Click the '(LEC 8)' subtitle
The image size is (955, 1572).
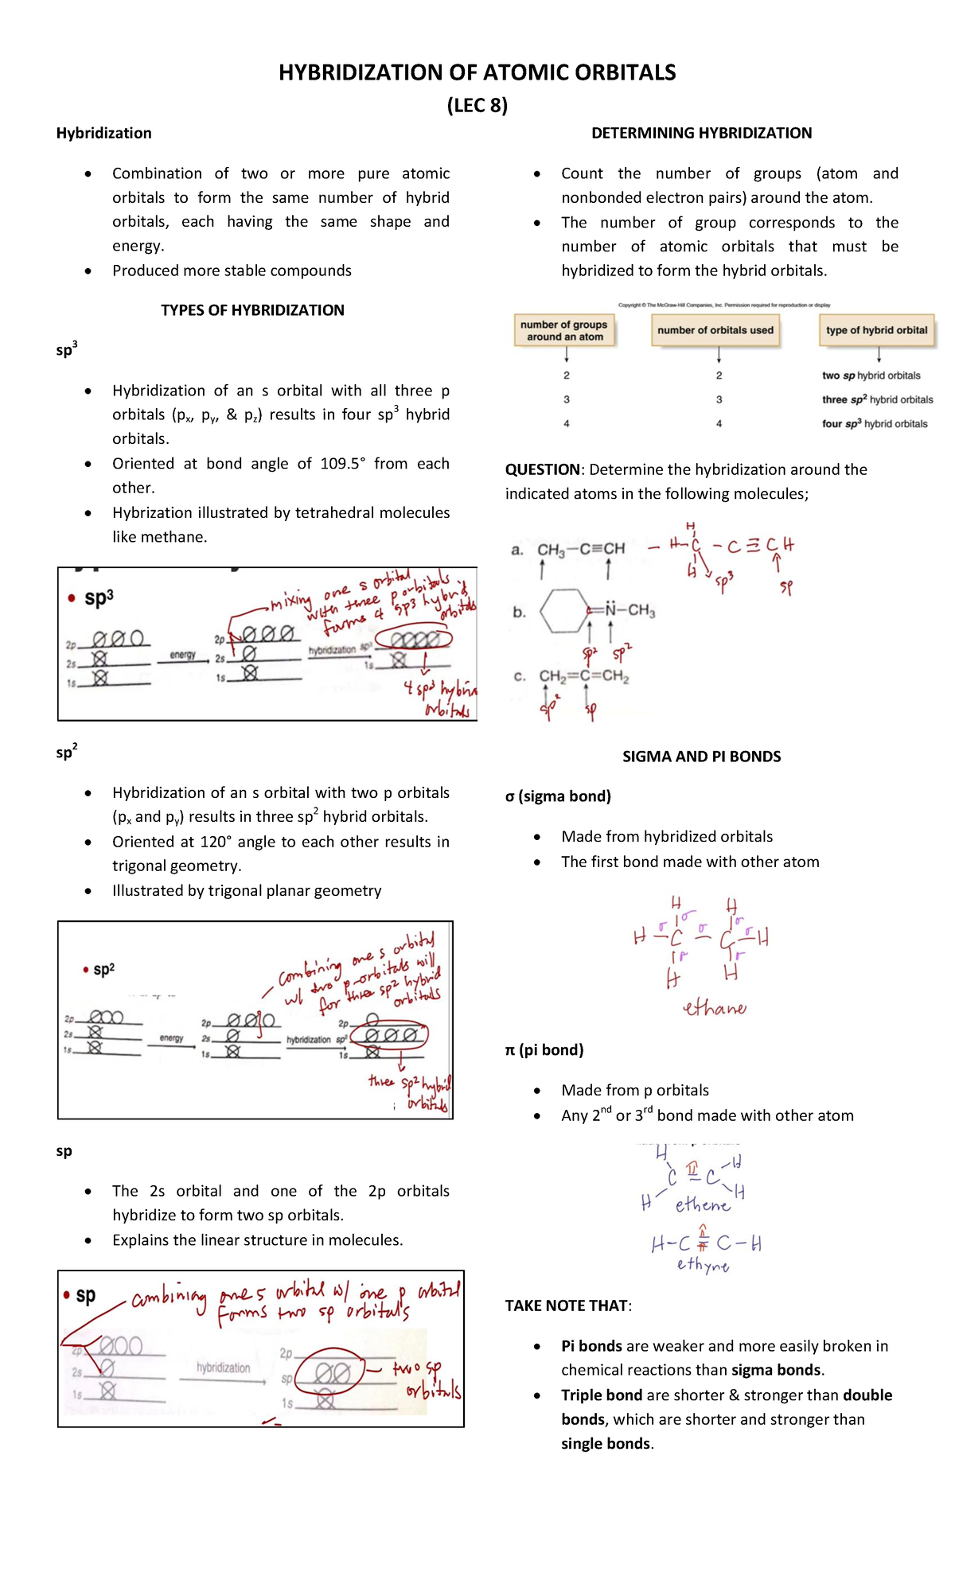(x=477, y=106)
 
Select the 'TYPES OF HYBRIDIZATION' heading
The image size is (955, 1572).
(x=252, y=310)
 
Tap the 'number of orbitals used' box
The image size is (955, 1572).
(x=715, y=330)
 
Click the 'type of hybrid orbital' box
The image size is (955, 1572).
(x=876, y=330)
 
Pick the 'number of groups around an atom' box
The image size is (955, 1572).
(x=564, y=330)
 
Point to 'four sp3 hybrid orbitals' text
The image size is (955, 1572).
(x=875, y=424)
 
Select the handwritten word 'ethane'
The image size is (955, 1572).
(x=715, y=1009)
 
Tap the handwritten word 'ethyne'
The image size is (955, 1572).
(x=703, y=1265)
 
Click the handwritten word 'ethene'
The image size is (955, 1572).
(x=702, y=1205)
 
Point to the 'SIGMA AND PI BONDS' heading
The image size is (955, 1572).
(x=701, y=757)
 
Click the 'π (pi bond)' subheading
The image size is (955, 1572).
(x=544, y=1050)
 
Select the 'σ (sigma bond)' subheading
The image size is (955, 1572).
(x=558, y=796)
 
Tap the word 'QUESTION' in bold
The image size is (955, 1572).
(x=543, y=469)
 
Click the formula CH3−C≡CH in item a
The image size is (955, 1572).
(x=581, y=549)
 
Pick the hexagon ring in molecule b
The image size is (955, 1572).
(x=564, y=611)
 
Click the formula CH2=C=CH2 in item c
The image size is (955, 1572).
(x=584, y=676)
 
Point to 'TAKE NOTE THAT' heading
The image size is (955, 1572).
(x=567, y=1305)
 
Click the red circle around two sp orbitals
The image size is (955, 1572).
(x=333, y=1373)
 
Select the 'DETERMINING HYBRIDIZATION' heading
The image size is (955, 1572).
(x=701, y=133)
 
